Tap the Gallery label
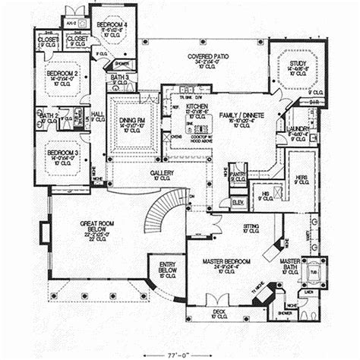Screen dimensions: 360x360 click(x=160, y=173)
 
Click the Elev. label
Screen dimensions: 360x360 click(x=238, y=201)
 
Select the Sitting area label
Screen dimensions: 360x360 click(x=250, y=226)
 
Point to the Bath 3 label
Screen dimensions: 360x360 click(x=122, y=77)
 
